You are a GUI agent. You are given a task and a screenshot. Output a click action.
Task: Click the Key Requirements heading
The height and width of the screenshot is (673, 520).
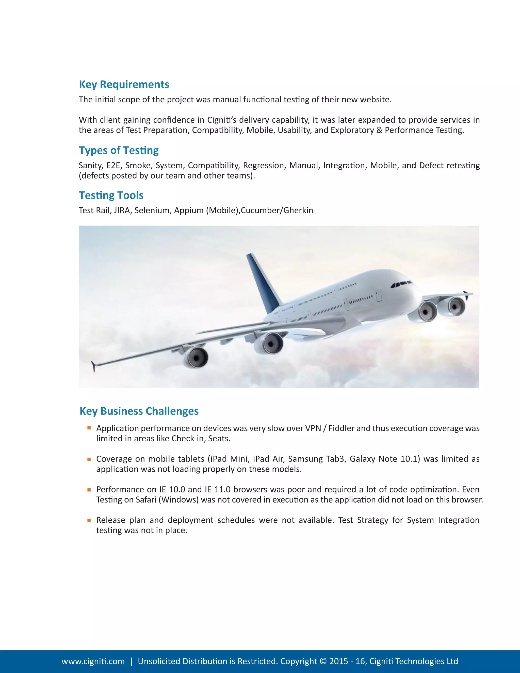click(x=124, y=84)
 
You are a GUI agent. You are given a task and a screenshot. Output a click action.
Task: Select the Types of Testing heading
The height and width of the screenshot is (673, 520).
click(x=119, y=150)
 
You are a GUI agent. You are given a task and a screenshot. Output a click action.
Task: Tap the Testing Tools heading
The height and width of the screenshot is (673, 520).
click(x=111, y=195)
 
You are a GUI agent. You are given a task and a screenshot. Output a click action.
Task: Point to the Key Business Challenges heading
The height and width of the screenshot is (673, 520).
click(x=139, y=411)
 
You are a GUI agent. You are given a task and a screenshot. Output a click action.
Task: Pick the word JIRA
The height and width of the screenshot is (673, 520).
click(x=122, y=211)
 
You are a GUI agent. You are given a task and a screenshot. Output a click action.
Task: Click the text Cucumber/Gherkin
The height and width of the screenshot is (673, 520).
click(x=277, y=211)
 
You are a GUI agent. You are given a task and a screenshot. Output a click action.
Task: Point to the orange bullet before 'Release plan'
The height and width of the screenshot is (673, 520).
click(x=89, y=520)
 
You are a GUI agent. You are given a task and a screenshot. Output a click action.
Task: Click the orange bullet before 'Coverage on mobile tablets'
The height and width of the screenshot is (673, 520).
click(x=89, y=459)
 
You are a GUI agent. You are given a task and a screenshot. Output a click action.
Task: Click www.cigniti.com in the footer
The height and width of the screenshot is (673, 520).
click(x=93, y=661)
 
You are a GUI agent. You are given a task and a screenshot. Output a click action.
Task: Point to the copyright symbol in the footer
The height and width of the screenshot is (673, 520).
click(x=323, y=661)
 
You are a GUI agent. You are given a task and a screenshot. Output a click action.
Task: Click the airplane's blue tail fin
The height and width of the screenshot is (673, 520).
click(x=262, y=280)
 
